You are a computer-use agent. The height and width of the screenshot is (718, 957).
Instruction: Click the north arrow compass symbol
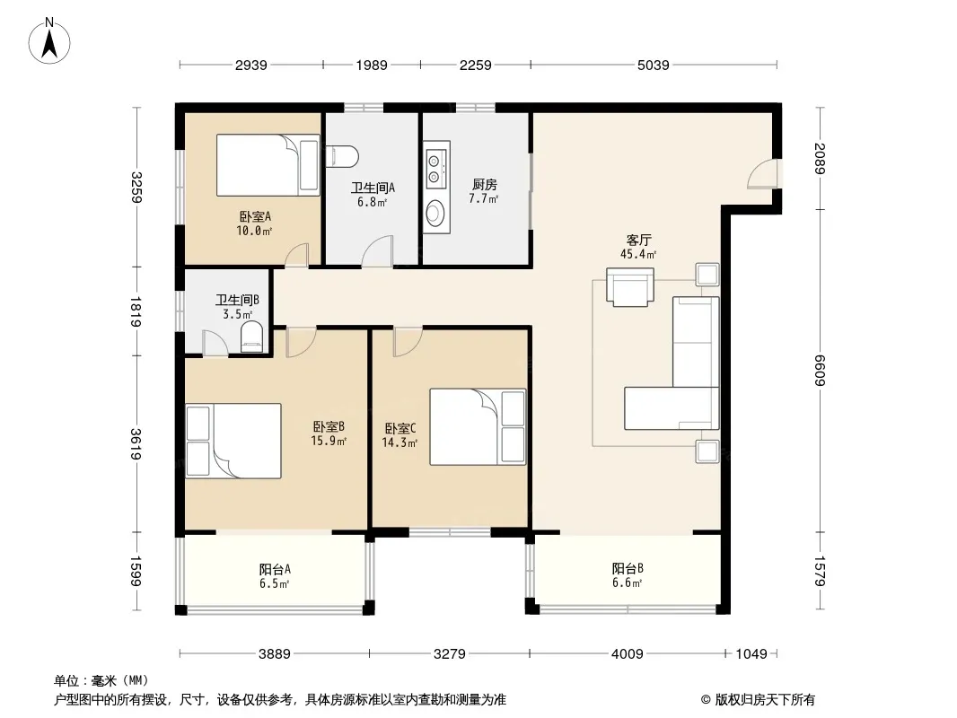pos(49,41)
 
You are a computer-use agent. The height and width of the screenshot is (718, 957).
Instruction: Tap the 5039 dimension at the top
pos(653,65)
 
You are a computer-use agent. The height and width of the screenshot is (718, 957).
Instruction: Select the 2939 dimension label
pos(250,65)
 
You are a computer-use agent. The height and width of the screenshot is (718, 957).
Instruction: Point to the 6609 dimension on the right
pos(819,371)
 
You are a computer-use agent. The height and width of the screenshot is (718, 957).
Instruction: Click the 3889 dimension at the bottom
pos(274,654)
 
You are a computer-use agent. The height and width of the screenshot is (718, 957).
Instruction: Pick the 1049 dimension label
pos(751,654)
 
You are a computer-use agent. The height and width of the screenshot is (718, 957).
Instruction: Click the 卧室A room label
pos(254,216)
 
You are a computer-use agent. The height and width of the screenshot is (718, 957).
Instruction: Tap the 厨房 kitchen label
pos(485,184)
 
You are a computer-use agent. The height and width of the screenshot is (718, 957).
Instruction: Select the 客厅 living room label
pos(637,240)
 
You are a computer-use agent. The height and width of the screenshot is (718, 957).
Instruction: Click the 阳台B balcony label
pos(628,568)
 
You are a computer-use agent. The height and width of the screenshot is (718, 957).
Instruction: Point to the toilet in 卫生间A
pos(342,156)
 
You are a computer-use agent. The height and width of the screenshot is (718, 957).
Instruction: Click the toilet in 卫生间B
pos(251,337)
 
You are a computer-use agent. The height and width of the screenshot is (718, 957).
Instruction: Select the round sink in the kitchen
pos(435,213)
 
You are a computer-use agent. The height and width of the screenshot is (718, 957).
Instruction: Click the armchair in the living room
pos(630,286)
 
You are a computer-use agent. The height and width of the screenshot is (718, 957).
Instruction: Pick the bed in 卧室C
pos(478,427)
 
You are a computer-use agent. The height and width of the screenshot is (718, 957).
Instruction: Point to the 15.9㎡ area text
pos(329,441)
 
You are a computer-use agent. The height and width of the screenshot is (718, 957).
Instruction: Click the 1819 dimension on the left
pos(136,311)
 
